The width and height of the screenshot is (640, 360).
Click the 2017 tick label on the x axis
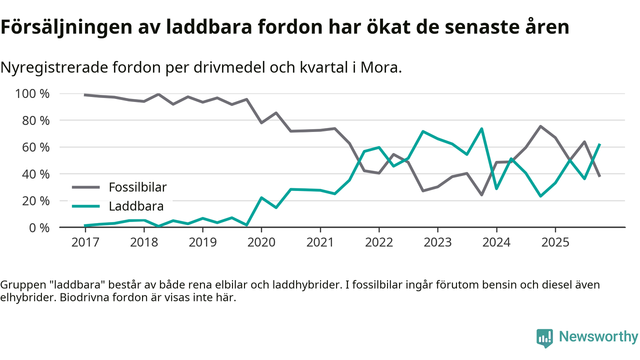(85, 242)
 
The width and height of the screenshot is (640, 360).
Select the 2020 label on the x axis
(261, 242)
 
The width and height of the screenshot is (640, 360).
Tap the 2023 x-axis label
(437, 242)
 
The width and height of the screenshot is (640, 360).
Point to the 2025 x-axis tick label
(555, 242)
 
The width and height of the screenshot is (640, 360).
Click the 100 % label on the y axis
(32, 94)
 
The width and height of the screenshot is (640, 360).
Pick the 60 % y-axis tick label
(35, 147)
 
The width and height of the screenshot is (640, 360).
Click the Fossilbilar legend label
(137, 187)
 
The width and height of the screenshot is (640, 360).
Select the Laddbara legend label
(136, 206)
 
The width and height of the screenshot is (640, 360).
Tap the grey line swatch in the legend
(87, 187)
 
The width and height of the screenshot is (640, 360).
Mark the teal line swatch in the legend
(87, 206)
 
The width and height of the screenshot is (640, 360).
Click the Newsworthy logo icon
(544, 337)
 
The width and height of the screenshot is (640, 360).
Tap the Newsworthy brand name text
(598, 337)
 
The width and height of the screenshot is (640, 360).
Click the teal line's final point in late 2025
(599, 144)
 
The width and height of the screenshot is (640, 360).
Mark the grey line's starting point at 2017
(85, 95)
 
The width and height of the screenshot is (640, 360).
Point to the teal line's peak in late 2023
(481, 129)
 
